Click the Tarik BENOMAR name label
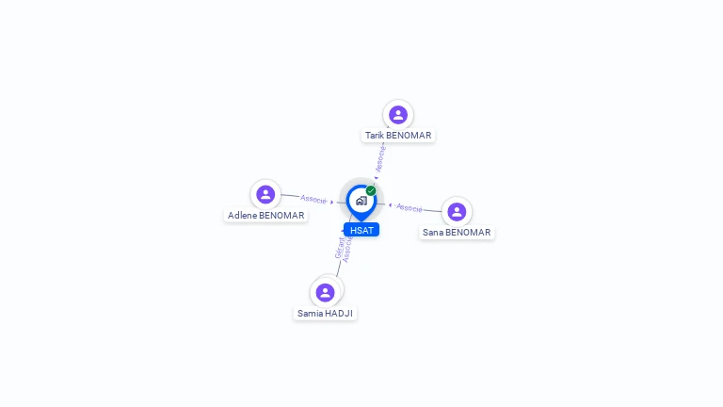[x=398, y=136]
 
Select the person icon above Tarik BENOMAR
[x=398, y=114]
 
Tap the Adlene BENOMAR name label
[x=265, y=215]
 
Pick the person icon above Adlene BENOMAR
[x=265, y=194]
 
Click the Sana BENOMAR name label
[x=457, y=232]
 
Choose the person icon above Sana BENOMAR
[x=457, y=212]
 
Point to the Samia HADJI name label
[x=325, y=314]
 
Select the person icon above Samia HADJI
[x=325, y=293]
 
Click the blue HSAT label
[x=361, y=230]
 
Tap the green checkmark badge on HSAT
[x=371, y=190]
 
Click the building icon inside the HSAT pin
[x=361, y=201]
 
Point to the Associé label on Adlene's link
[x=313, y=199]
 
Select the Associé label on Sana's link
[x=409, y=208]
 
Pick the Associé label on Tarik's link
[x=380, y=158]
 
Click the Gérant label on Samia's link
[x=339, y=248]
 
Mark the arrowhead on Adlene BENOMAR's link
[x=332, y=203]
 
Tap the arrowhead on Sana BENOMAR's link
[x=390, y=205]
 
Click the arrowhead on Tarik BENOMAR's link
[x=377, y=178]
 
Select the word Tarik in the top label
[x=374, y=136]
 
